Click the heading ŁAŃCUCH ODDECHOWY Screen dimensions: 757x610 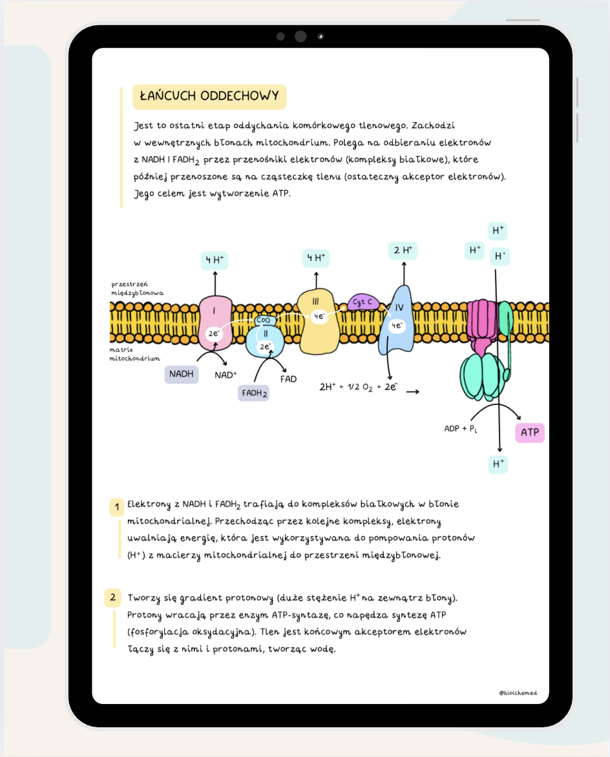click(x=209, y=97)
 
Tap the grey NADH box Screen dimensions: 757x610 click(x=182, y=373)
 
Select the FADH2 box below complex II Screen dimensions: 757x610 click(x=254, y=392)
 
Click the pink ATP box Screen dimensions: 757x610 click(x=529, y=433)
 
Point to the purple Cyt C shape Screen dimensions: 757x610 click(x=363, y=302)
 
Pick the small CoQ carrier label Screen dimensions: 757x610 click(x=264, y=320)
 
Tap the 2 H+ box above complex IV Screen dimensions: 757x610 click(x=403, y=250)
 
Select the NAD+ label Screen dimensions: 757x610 click(x=226, y=375)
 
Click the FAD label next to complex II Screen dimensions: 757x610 click(x=288, y=378)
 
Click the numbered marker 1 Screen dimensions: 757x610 click(x=116, y=508)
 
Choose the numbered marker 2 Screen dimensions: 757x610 click(x=112, y=597)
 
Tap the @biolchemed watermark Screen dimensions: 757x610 click(x=518, y=693)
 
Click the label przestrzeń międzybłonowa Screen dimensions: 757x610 click(x=137, y=288)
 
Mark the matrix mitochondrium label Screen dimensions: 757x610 click(x=134, y=353)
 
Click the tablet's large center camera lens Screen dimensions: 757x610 click(x=300, y=36)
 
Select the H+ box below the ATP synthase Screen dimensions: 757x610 click(x=498, y=464)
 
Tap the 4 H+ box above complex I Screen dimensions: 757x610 click(x=215, y=260)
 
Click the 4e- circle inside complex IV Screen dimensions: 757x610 click(x=397, y=326)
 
